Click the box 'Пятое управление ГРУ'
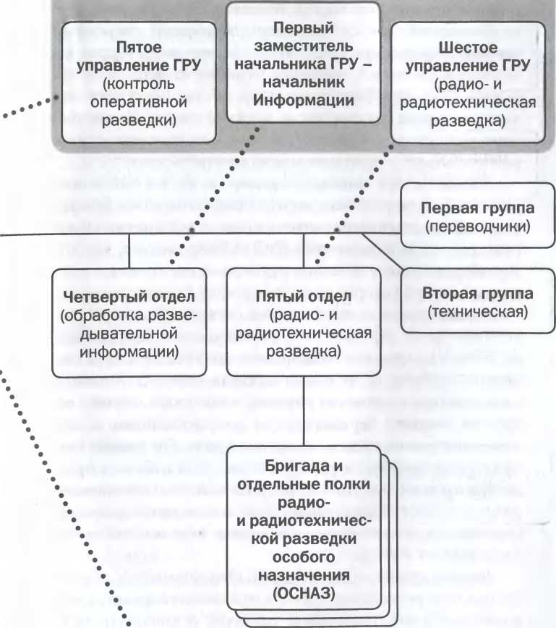click(x=140, y=83)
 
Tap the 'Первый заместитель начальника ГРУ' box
click(x=304, y=65)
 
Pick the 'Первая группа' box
click(x=476, y=218)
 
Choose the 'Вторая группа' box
click(x=476, y=303)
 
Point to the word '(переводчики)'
click(x=476, y=227)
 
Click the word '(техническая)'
click(x=476, y=312)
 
